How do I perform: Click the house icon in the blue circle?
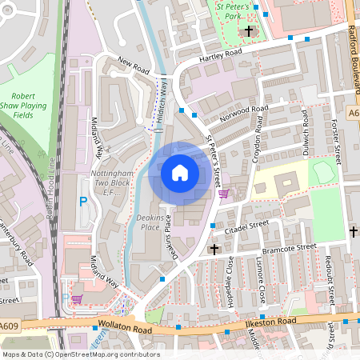coord(180,172)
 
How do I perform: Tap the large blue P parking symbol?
coord(82,202)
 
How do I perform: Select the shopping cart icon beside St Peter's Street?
coord(223,193)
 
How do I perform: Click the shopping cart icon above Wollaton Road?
coord(77,298)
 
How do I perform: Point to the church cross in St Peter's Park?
coord(249,32)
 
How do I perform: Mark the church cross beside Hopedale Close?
coord(214,249)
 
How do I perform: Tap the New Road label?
coord(134,66)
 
